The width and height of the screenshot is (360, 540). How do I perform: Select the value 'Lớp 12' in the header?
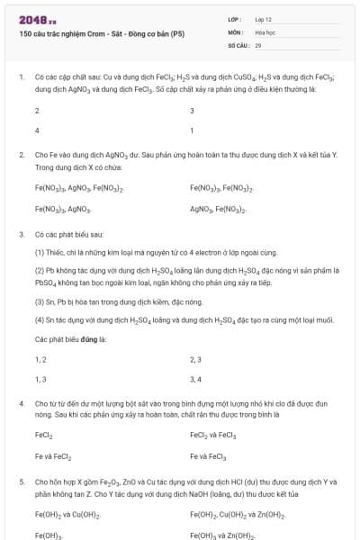pos(263,19)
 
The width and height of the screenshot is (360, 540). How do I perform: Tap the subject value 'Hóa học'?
pos(265,31)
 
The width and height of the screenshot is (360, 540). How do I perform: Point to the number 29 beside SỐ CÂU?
pos(258,44)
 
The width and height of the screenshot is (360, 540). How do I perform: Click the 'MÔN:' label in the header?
pos(236,31)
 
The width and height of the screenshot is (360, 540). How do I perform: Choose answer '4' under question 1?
pos(37,130)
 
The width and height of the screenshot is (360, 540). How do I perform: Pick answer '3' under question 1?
pos(192,111)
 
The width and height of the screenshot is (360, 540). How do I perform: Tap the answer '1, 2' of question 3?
pos(40,359)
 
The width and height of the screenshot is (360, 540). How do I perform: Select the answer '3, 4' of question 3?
pos(195,379)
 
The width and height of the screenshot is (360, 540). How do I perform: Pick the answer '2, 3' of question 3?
pos(195,359)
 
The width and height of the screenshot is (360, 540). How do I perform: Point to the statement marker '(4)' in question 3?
pos(40,319)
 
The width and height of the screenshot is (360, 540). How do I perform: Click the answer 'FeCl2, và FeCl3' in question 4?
pos(212,436)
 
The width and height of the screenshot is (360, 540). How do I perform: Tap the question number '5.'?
pos(22,482)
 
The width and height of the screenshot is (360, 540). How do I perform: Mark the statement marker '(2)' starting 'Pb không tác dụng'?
pos(40,269)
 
